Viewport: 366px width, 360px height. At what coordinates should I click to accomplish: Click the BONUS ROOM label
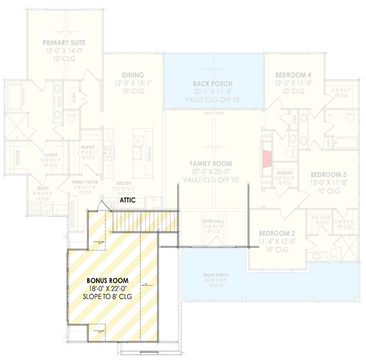pos(108,280)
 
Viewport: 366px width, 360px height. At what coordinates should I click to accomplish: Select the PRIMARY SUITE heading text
pos(64,43)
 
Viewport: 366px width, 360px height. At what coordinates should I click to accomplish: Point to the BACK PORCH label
pos(213,84)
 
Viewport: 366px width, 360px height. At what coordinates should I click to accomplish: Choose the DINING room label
pos(133,75)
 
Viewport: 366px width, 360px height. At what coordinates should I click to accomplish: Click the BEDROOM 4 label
pos(293,75)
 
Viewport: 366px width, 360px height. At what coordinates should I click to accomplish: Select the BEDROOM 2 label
pos(277,234)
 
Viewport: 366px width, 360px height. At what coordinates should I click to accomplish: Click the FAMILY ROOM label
pos(211,163)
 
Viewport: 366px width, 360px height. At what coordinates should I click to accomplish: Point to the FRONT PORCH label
pos(213,275)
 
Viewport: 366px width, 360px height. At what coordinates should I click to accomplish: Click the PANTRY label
pos(88,147)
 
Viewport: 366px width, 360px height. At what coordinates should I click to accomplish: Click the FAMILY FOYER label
pos(85,182)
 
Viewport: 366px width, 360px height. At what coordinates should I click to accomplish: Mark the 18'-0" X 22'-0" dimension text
pos(107,288)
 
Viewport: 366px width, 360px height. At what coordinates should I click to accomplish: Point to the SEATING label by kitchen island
pos(150,153)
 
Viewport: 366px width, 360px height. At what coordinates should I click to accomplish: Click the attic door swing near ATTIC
pos(105,206)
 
